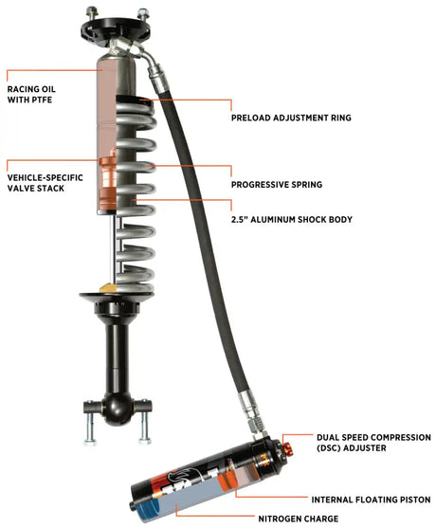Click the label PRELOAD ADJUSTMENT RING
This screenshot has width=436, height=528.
click(x=291, y=118)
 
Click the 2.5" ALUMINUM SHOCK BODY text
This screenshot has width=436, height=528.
click(x=291, y=219)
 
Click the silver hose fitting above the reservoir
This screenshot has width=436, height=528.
click(x=250, y=410)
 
